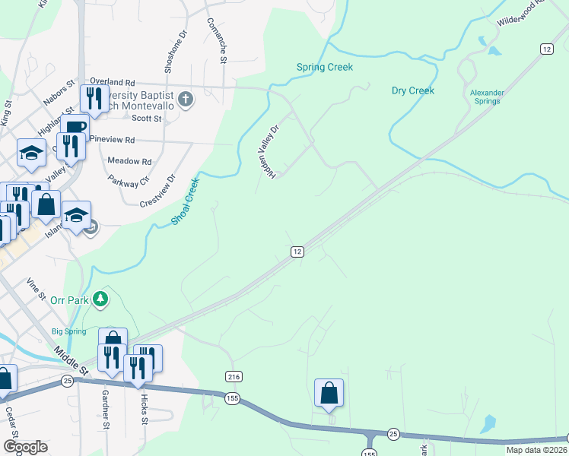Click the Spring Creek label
[x=325, y=68]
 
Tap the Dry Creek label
[x=412, y=90]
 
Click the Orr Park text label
[x=70, y=300]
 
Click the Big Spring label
[x=68, y=331]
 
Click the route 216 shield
[x=234, y=376]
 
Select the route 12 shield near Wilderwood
[x=546, y=49]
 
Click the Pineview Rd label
[x=112, y=141]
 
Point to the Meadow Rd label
[x=129, y=161]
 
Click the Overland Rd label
[x=112, y=81]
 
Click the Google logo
[x=24, y=447]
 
